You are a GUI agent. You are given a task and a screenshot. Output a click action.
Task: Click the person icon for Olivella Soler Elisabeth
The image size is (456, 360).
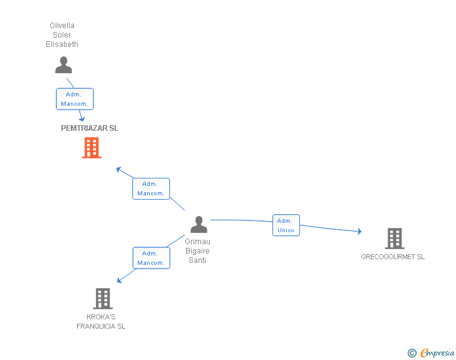(x=63, y=65)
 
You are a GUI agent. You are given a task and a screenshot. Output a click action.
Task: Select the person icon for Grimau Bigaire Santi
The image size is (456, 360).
(x=199, y=225)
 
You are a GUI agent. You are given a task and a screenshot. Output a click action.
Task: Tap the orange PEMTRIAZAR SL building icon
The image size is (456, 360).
(x=91, y=148)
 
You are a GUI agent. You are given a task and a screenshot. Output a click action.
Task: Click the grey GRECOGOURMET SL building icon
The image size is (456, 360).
(x=395, y=239)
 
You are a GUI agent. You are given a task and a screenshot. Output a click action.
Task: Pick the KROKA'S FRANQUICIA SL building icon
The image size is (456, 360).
(x=103, y=299)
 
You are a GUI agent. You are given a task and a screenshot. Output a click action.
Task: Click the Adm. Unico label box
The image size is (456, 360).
(x=286, y=225)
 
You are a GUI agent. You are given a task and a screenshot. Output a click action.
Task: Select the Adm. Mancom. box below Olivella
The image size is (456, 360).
(x=75, y=99)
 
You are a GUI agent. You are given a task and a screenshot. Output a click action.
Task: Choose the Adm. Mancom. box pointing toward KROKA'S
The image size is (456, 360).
(x=151, y=258)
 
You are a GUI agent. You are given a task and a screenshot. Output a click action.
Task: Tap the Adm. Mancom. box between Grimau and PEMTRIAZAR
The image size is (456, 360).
(x=151, y=188)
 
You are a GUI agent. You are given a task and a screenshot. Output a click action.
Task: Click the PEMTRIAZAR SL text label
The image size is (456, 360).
(x=90, y=128)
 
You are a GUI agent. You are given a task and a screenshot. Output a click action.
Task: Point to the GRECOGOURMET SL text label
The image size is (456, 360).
(x=393, y=257)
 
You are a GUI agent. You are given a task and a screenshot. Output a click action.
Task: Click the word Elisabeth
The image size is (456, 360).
(x=62, y=44)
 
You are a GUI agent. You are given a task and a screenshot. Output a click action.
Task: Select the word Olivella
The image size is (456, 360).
(x=62, y=26)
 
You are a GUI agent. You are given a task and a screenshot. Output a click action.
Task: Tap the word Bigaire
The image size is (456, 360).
(x=197, y=250)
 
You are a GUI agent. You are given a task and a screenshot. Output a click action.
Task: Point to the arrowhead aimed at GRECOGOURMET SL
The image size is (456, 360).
(x=360, y=231)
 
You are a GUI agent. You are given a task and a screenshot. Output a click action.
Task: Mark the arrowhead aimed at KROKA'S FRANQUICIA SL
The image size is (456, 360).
(x=119, y=280)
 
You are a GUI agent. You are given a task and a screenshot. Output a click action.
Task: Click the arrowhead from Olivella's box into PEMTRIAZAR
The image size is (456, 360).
(x=82, y=119)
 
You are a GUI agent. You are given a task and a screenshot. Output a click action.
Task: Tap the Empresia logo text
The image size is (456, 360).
(x=437, y=352)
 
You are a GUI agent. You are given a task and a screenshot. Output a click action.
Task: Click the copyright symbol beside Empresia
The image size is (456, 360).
(x=412, y=353)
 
